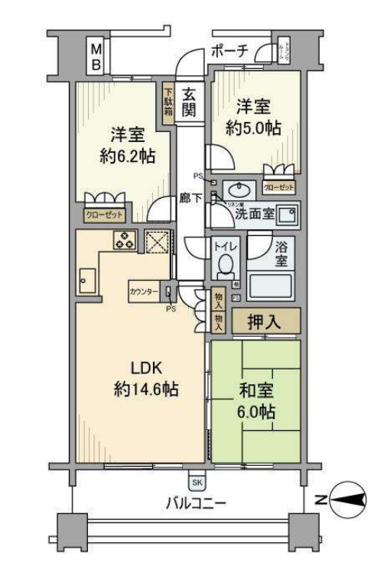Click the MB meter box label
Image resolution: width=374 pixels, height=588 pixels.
[x=96, y=58]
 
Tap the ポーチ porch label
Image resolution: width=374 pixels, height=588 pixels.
[x=229, y=52]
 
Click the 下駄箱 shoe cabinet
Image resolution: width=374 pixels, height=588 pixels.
[x=167, y=102]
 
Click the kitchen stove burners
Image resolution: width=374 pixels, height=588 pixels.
[x=125, y=240]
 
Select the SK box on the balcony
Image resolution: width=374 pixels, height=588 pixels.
[x=197, y=482]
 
